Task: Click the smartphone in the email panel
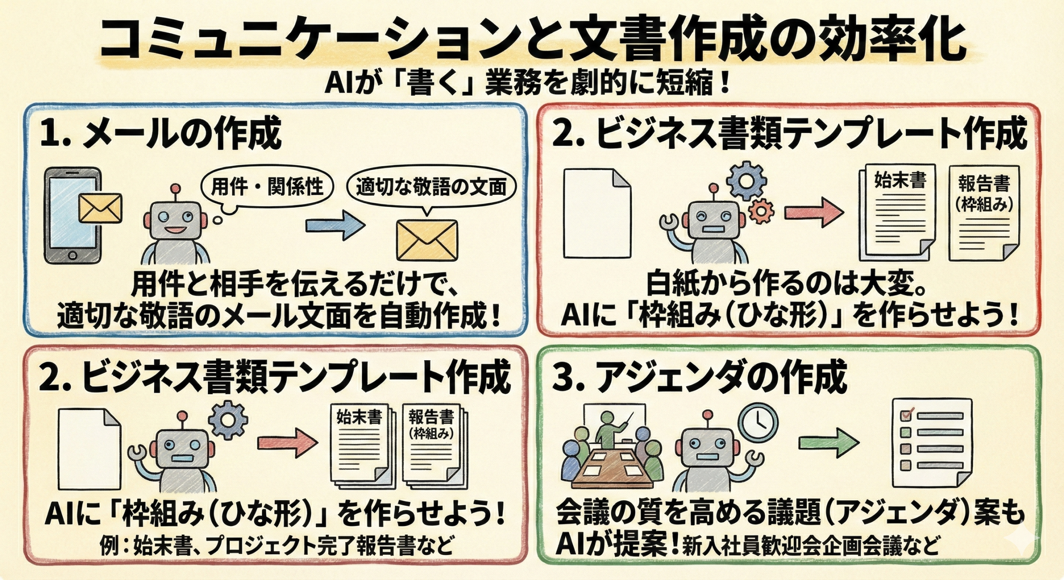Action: pyautogui.click(x=72, y=215)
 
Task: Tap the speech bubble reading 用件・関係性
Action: pyautogui.click(x=267, y=186)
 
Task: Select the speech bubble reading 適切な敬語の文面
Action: pyautogui.click(x=431, y=188)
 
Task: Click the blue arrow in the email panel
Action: pyautogui.click(x=335, y=225)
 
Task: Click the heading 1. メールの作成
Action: pyautogui.click(x=161, y=135)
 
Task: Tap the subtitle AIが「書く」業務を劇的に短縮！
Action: pyautogui.click(x=527, y=84)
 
